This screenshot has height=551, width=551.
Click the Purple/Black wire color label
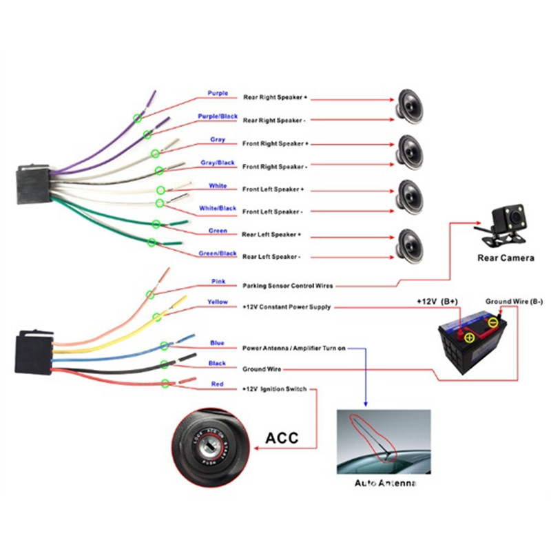pyautogui.click(x=218, y=116)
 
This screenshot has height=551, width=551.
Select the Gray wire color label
pyautogui.click(x=218, y=140)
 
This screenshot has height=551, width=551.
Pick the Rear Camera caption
pyautogui.click(x=506, y=258)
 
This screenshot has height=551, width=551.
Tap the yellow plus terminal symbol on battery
pyautogui.click(x=469, y=337)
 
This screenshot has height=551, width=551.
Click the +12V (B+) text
pyautogui.click(x=437, y=302)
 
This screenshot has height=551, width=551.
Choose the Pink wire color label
pyautogui.click(x=218, y=281)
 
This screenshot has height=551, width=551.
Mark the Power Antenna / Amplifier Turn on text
pyautogui.click(x=293, y=349)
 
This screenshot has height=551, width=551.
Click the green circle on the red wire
pyautogui.click(x=165, y=384)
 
